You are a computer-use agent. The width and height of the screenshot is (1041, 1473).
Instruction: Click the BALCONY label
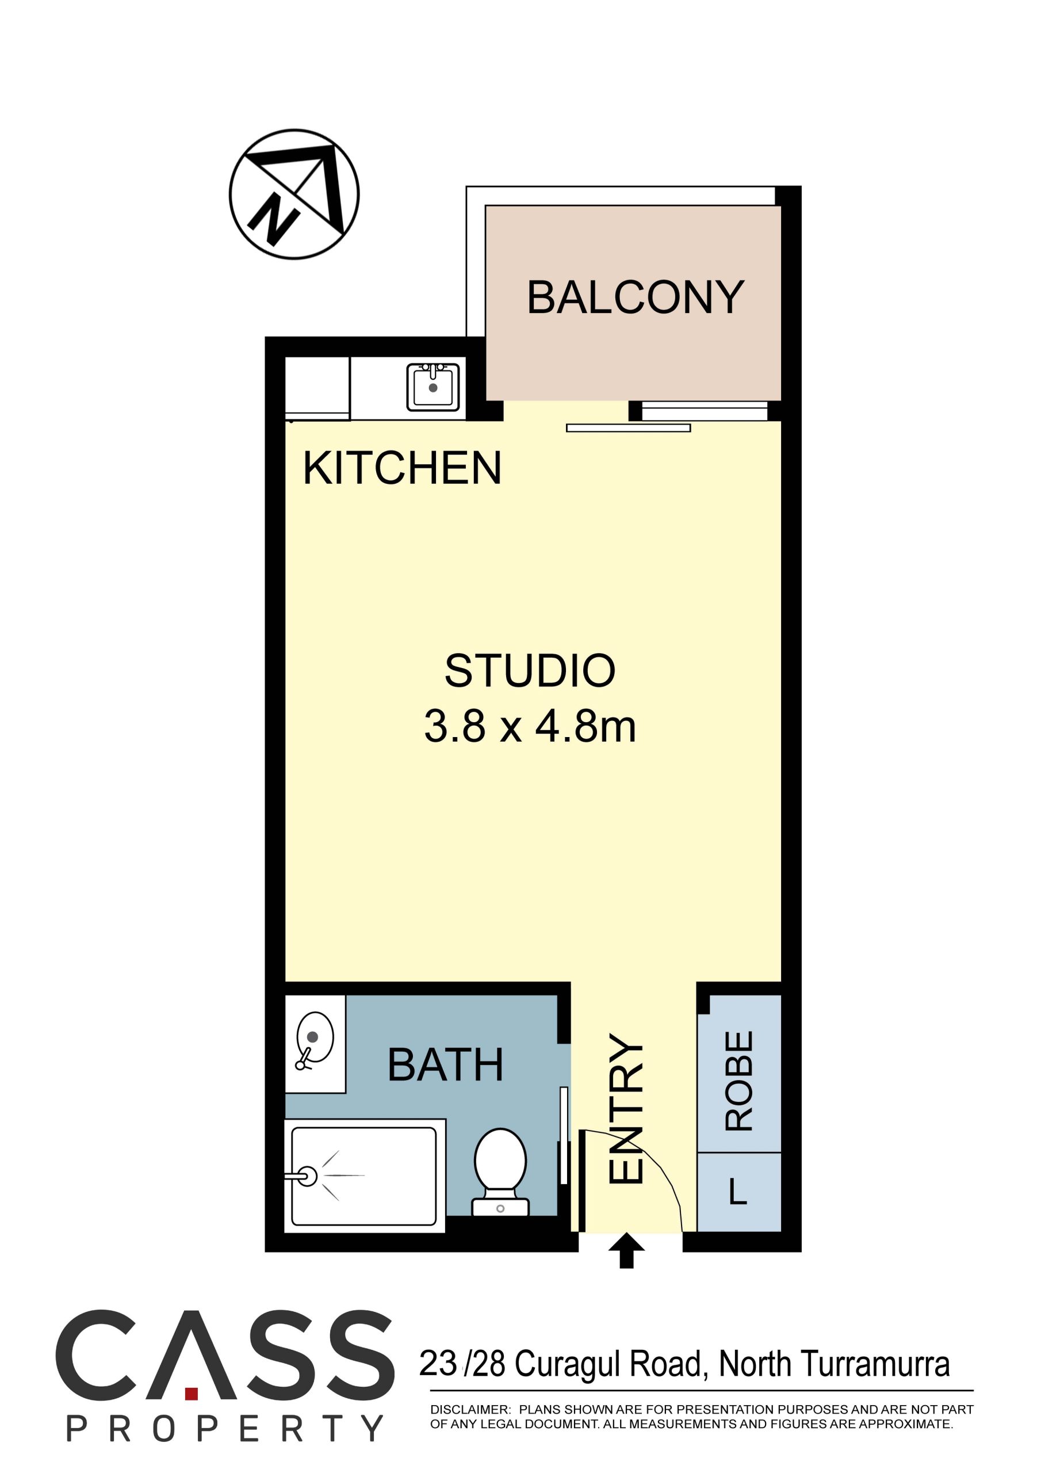pos(635,297)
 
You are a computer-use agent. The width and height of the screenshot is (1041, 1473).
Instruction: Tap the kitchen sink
pos(433,387)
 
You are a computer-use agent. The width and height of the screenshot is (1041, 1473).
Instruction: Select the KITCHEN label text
pos(401,468)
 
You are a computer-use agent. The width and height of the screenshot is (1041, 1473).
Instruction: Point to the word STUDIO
pos(530,671)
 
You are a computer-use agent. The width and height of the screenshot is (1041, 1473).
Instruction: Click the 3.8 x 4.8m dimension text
pos(530,727)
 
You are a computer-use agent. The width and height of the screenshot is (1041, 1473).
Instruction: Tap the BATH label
pos(445,1065)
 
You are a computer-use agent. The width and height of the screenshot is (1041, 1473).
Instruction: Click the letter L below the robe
pos(738,1192)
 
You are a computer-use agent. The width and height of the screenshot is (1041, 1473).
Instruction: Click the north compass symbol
pos(294,194)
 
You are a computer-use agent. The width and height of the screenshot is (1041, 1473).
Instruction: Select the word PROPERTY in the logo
pos(225,1428)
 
